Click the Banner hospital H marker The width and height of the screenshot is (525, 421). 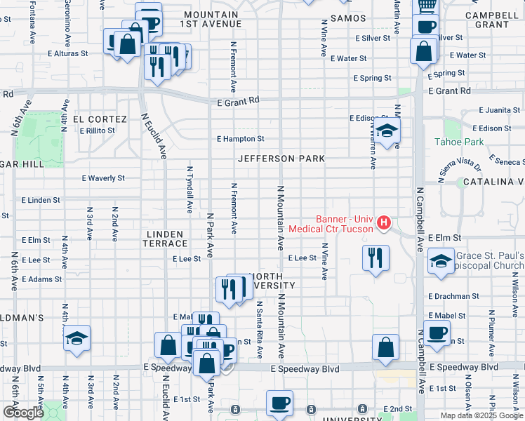click(x=384, y=223)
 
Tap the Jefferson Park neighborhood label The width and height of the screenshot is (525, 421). click(x=281, y=159)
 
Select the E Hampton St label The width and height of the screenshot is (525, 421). click(x=240, y=139)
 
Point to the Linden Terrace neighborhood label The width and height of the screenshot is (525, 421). click(x=165, y=239)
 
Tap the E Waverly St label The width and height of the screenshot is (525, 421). click(x=103, y=178)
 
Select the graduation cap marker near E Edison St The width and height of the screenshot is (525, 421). click(x=385, y=131)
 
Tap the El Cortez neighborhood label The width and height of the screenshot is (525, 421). click(x=104, y=119)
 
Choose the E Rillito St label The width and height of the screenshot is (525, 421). click(x=97, y=131)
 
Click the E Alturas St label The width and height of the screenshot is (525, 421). click(x=68, y=53)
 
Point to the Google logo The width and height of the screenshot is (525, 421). click(x=23, y=413)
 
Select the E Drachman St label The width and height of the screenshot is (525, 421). click(x=452, y=297)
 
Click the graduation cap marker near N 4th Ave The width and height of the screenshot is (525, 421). click(x=77, y=338)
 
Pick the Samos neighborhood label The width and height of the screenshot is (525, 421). click(x=347, y=18)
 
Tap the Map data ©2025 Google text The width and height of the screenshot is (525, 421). click(x=481, y=415)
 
